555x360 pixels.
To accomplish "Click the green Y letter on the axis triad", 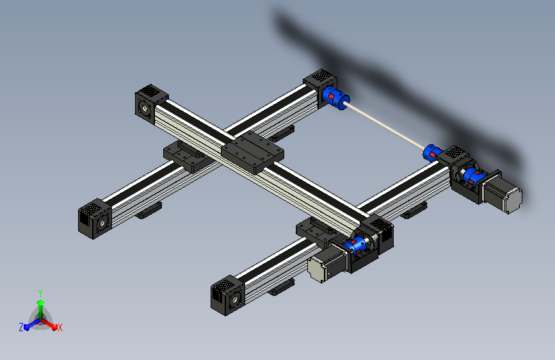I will [40, 291].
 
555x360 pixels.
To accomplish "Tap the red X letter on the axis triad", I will [60, 327].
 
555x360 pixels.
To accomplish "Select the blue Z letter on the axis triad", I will [21, 327].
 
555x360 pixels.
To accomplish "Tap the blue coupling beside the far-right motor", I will [472, 177].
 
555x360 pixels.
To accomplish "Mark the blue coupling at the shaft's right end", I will [433, 152].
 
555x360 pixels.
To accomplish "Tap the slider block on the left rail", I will [184, 156].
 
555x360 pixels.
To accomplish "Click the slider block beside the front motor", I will [314, 230].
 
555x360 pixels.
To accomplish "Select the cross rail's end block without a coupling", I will [151, 104].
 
